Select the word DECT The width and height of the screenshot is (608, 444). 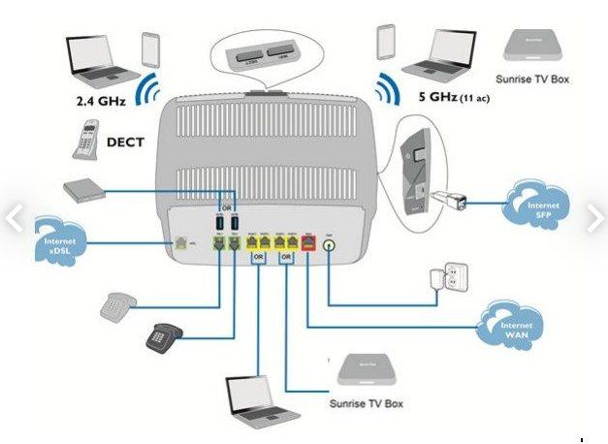coord(124,142)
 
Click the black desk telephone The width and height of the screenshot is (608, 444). coord(165,334)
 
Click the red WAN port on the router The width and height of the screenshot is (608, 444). coord(307,244)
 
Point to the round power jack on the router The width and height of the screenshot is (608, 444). coord(329,245)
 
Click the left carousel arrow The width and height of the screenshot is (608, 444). coord(13,218)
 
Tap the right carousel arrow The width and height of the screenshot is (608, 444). coord(594,218)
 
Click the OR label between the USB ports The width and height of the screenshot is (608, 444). coord(226,206)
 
